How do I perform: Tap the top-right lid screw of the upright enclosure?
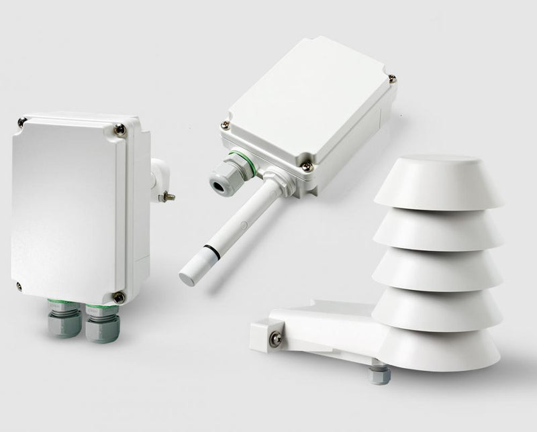click(119, 130)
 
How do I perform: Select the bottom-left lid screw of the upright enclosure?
click(19, 286)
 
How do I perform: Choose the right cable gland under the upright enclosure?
click(99, 323)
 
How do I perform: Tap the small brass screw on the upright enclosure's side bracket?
click(169, 196)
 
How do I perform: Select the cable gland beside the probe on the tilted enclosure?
click(222, 177)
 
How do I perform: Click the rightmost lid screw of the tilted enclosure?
click(392, 79)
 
